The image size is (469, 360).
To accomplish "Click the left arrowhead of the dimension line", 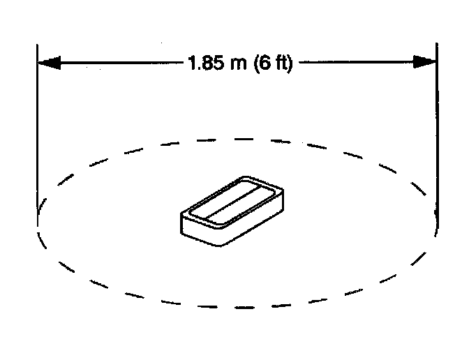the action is [47, 63].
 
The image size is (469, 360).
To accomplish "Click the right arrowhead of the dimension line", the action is [425, 62].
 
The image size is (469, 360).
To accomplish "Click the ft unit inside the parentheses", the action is [283, 63].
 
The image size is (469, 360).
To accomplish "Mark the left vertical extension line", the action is [37, 140].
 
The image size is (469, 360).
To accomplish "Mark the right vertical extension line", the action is [437, 140].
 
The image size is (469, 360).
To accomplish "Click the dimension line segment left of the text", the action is [119, 63].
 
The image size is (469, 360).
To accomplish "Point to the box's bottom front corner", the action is [222, 243].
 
